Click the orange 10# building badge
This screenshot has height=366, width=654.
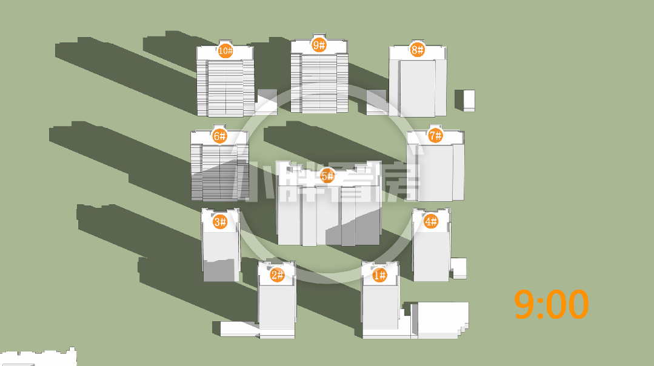(225, 51)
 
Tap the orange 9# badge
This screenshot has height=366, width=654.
(319, 45)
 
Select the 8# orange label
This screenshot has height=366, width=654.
(417, 50)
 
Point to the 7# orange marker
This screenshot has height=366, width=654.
(435, 136)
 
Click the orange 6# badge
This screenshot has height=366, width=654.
(219, 136)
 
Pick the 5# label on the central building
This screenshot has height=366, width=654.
(327, 176)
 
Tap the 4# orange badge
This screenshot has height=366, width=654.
(431, 221)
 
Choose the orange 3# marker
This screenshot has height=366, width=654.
(220, 222)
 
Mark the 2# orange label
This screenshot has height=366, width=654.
(277, 274)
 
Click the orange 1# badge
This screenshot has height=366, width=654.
(379, 275)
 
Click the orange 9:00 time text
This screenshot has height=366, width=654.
(551, 304)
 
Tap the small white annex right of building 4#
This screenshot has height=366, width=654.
(458, 268)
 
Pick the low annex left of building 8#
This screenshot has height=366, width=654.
(378, 102)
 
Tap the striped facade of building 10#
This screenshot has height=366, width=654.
(225, 87)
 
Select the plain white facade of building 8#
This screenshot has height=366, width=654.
(418, 87)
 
